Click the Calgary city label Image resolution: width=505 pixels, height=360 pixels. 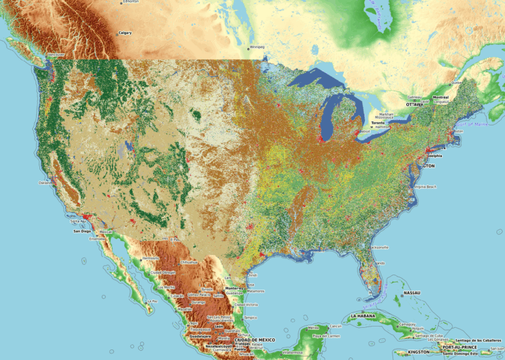pos(125,33)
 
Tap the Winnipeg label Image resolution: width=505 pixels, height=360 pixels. pos(256,47)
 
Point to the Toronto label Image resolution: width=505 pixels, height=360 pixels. pos(378,123)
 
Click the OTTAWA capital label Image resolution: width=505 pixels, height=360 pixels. pos(414,104)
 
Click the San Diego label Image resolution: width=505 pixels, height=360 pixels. pos(82,231)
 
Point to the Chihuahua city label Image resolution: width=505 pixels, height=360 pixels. pos(189,262)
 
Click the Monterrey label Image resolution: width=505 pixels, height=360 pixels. pos(233,288)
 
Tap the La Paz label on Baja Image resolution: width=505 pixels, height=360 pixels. pos(152,302)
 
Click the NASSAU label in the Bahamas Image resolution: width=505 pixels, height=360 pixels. pos(412,292)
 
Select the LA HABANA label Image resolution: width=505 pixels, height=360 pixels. pos(362,316)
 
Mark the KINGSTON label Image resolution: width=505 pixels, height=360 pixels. pos(419,351)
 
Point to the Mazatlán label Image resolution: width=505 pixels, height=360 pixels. pos(185,309)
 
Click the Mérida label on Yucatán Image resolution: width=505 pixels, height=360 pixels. pos(313,327)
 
